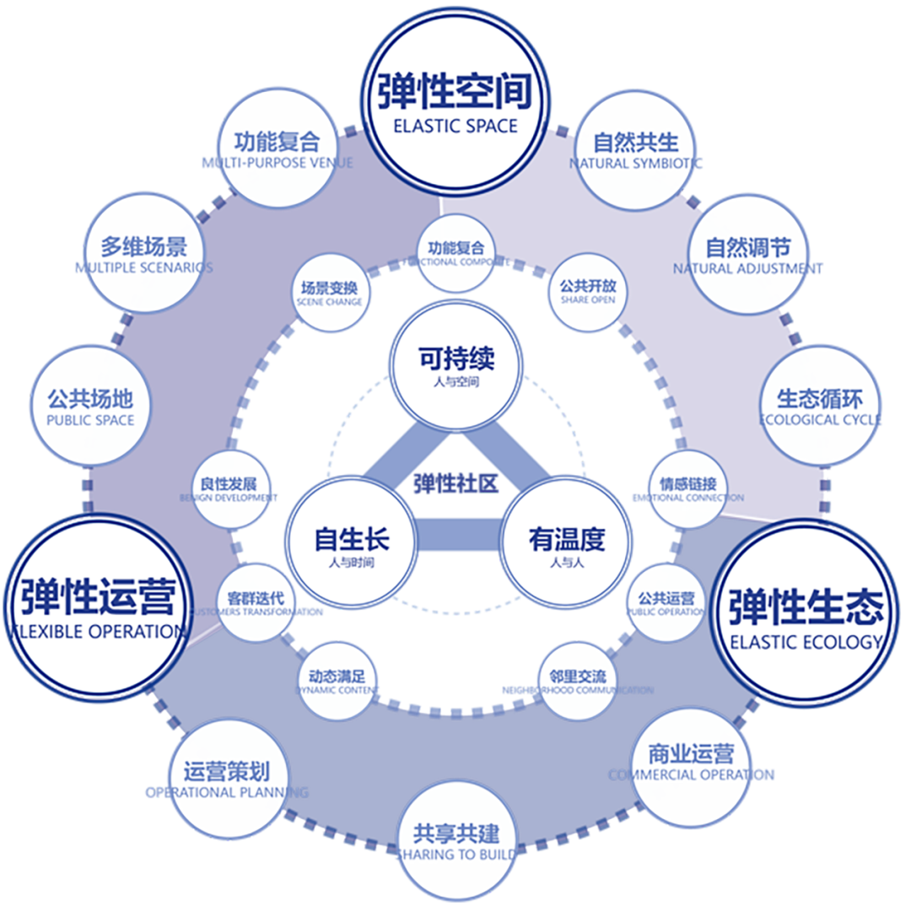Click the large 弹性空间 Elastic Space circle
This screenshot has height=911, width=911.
[455, 101]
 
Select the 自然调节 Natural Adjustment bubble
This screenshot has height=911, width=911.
[748, 254]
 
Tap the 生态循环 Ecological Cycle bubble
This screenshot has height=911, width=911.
[819, 405]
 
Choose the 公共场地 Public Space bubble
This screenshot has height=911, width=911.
[90, 405]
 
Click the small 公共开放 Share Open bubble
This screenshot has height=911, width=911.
[588, 292]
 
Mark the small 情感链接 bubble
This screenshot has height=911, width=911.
[687, 490]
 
